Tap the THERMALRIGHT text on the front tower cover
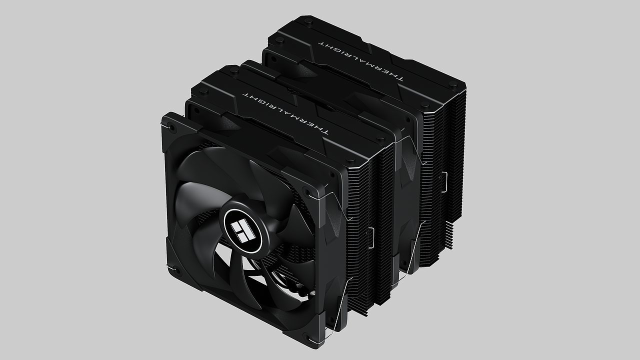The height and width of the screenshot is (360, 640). coord(285,113)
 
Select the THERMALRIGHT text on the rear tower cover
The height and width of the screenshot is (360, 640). coord(361,61)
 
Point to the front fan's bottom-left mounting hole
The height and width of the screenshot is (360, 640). coord(175,270)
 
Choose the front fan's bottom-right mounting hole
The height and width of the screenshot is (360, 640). coord(308,337)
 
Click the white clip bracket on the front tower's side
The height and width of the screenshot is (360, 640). coord(371,238)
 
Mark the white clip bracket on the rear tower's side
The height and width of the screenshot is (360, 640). coord(444,182)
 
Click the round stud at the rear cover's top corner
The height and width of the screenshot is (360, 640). coord(308,20)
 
